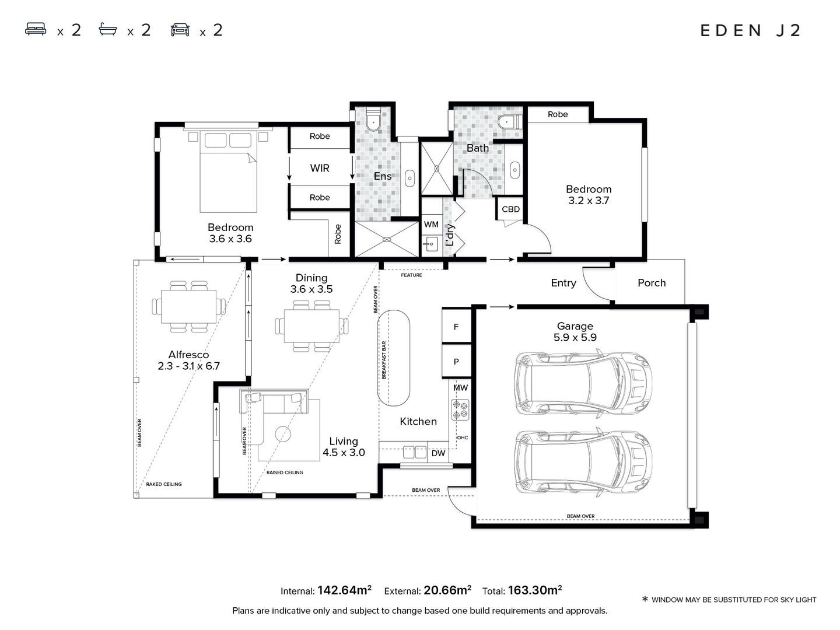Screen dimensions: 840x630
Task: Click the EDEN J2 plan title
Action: (750, 30)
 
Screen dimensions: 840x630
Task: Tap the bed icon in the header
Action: (36, 29)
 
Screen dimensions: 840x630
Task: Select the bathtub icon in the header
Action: (108, 29)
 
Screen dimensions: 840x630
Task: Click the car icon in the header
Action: (180, 29)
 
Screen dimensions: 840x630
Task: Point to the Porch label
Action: (652, 283)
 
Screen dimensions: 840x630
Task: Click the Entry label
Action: (563, 283)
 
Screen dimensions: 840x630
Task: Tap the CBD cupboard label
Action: (510, 209)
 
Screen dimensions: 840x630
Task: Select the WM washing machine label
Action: (431, 225)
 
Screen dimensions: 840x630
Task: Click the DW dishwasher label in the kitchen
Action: (438, 453)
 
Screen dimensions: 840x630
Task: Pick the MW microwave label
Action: (460, 387)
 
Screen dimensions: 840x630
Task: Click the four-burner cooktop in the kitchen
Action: (460, 409)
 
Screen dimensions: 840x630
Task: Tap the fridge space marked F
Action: (457, 326)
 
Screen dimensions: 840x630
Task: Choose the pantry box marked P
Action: (457, 361)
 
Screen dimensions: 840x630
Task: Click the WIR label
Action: (320, 168)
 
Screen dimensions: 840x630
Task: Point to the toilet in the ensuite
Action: (373, 120)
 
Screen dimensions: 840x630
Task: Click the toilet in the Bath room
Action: (510, 122)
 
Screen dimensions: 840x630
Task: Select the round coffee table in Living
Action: (283, 434)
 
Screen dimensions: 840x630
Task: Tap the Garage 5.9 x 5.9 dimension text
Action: (575, 337)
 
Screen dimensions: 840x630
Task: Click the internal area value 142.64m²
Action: (344, 590)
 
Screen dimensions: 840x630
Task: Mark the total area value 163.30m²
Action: (534, 590)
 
